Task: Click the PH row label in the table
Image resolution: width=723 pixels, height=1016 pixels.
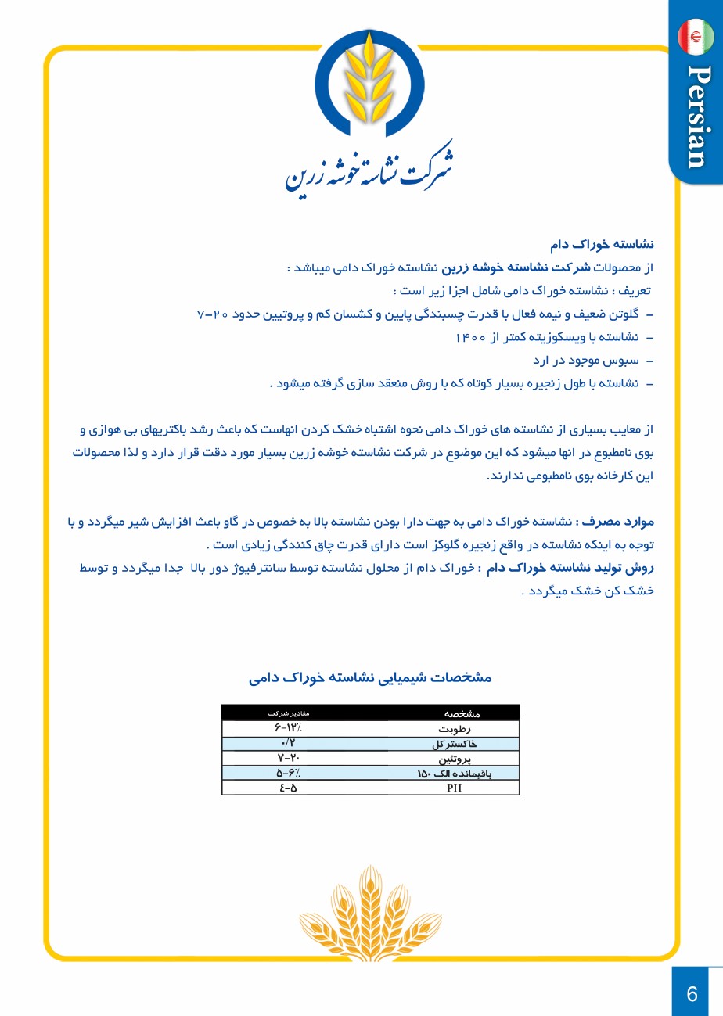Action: (x=454, y=788)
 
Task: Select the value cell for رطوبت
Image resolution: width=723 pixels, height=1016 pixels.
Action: (x=282, y=729)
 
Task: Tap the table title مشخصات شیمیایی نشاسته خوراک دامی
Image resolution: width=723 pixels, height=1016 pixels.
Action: (x=370, y=677)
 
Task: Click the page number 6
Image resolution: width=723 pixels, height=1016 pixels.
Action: (x=692, y=993)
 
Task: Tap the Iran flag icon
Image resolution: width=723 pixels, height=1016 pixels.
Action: (x=696, y=37)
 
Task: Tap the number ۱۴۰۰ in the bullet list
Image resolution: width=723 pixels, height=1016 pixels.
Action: (x=471, y=337)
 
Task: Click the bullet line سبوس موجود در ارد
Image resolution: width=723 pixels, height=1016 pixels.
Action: (x=591, y=361)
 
